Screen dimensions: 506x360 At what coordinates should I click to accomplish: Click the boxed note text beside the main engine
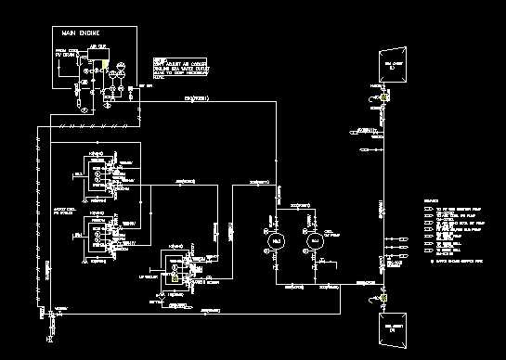180,64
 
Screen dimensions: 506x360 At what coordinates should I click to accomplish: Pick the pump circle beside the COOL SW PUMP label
315,241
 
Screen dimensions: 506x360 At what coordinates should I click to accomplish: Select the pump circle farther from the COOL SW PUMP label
274,241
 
